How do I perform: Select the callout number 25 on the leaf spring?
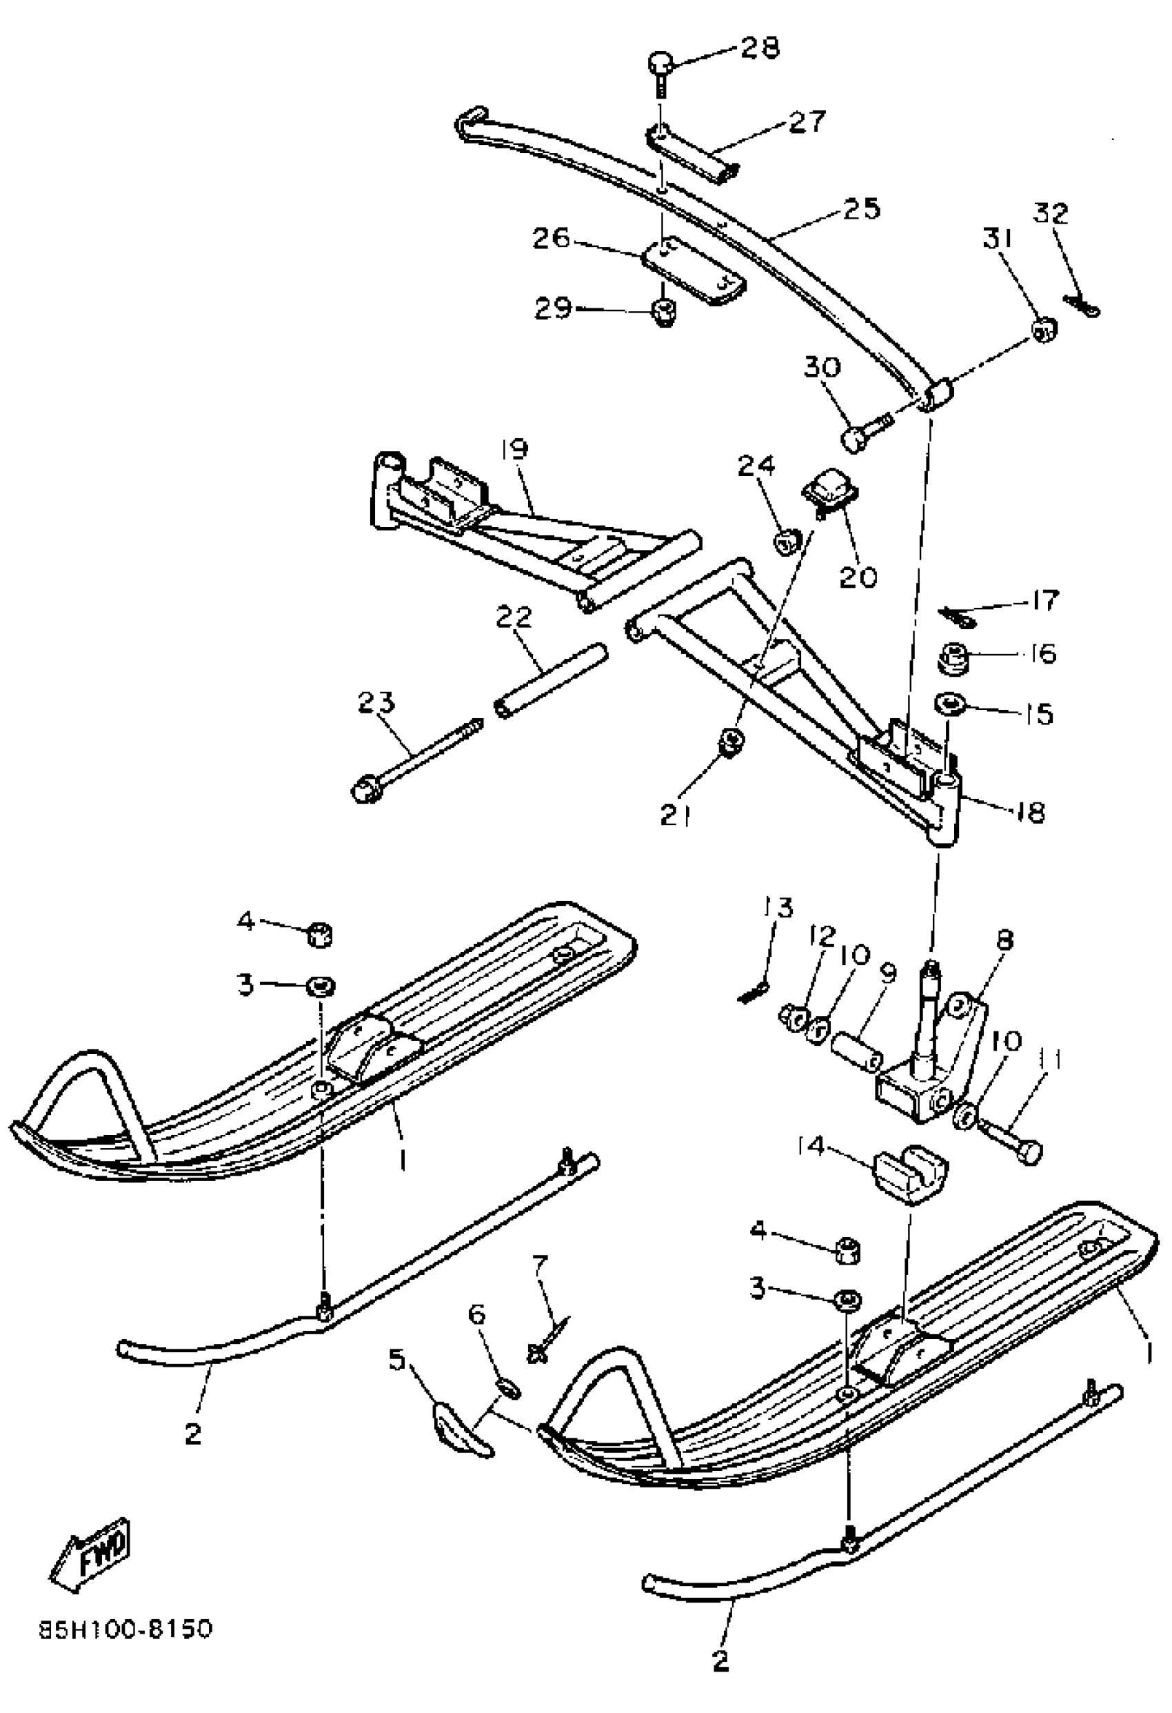[x=862, y=208]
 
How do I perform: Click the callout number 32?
[x=1051, y=215]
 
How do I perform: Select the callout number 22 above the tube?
[x=514, y=617]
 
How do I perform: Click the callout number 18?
[x=1031, y=812]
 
